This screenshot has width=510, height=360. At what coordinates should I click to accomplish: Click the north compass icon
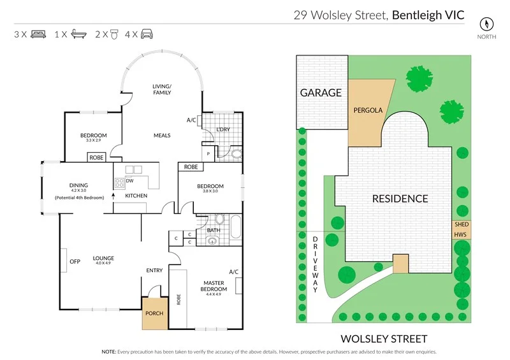(486, 24)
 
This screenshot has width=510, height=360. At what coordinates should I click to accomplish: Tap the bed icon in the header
(38, 34)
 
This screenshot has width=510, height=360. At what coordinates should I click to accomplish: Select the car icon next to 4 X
(147, 34)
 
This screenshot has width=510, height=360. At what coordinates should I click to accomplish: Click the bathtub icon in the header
(78, 34)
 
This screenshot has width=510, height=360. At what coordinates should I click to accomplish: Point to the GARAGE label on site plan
(321, 93)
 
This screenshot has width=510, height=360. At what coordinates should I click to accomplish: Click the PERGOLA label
(368, 110)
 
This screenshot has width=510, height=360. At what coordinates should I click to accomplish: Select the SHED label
(461, 224)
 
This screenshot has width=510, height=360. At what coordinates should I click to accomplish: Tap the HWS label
(460, 235)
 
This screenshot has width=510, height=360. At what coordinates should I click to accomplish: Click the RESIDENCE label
(400, 199)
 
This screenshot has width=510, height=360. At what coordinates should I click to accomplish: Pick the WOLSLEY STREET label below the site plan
(382, 338)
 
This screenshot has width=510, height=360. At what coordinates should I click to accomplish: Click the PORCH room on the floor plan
(154, 313)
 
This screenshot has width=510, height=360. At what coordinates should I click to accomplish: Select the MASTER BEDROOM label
(214, 285)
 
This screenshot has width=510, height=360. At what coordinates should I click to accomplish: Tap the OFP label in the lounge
(75, 261)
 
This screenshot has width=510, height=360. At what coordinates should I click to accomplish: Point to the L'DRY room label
(222, 129)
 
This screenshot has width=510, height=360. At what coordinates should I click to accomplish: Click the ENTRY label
(154, 270)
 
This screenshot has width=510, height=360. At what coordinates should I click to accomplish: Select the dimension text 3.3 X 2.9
(93, 141)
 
